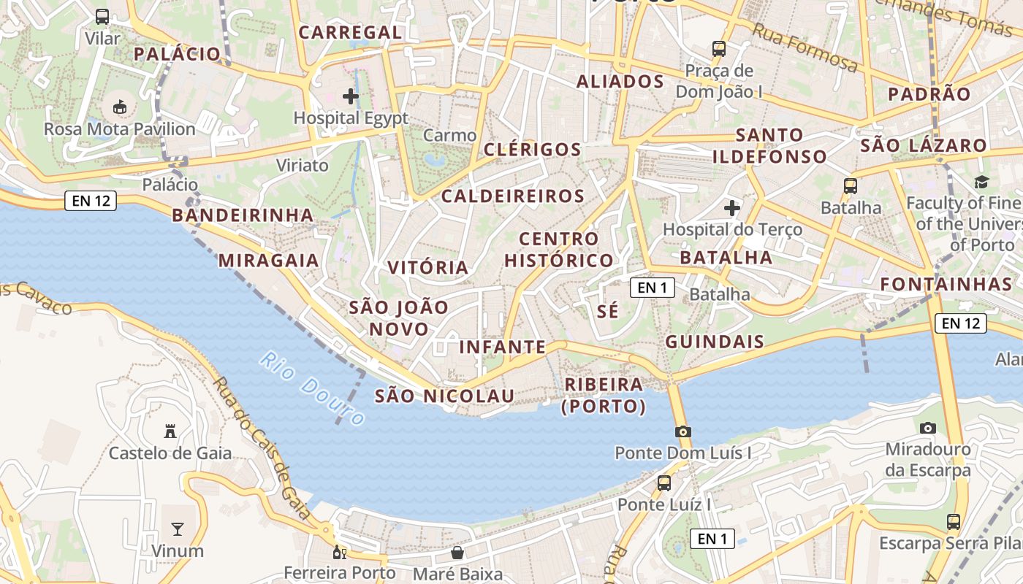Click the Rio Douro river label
point(312,388)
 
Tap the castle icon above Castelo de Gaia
point(170,431)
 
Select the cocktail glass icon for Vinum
point(177,529)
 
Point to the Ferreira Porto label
point(339,572)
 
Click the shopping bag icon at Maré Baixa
point(457,553)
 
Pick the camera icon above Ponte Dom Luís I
point(683,431)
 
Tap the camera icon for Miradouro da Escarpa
point(928,428)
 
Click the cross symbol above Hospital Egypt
point(351,96)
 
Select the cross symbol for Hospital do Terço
point(732,208)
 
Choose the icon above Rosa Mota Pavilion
point(120,107)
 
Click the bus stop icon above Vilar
point(102,17)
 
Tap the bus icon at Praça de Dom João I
point(719,49)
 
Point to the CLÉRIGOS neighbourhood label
point(533,150)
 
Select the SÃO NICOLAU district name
point(444,396)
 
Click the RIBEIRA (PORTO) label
point(604,395)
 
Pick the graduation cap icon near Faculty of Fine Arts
point(981,182)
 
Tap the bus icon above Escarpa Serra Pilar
point(954,521)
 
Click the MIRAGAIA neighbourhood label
point(268,260)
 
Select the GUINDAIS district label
point(715,341)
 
